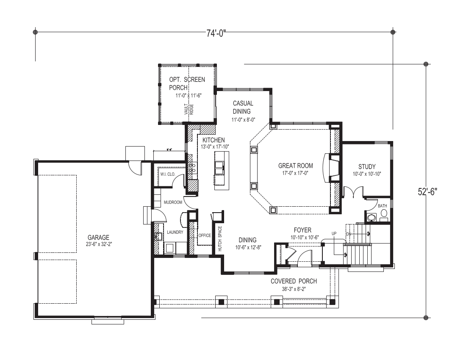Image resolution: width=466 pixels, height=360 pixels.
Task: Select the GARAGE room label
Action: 98,238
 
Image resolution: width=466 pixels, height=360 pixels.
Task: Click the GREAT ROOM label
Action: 295,166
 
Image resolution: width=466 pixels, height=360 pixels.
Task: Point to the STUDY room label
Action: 366,166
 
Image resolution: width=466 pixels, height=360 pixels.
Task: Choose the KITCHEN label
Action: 214,140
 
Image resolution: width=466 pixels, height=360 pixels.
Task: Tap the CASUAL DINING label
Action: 243,107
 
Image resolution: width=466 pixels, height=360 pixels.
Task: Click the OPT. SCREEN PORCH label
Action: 187,83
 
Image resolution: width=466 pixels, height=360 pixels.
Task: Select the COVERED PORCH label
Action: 294,281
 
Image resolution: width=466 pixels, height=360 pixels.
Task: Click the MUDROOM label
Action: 173,202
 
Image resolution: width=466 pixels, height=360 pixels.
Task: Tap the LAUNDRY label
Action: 175,232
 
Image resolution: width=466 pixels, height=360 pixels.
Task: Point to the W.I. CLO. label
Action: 168,174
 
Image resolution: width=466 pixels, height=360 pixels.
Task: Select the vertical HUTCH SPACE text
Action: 219,239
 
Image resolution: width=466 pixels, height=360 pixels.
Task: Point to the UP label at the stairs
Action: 334,233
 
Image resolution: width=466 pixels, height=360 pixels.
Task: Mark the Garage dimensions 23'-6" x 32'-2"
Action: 98,244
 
